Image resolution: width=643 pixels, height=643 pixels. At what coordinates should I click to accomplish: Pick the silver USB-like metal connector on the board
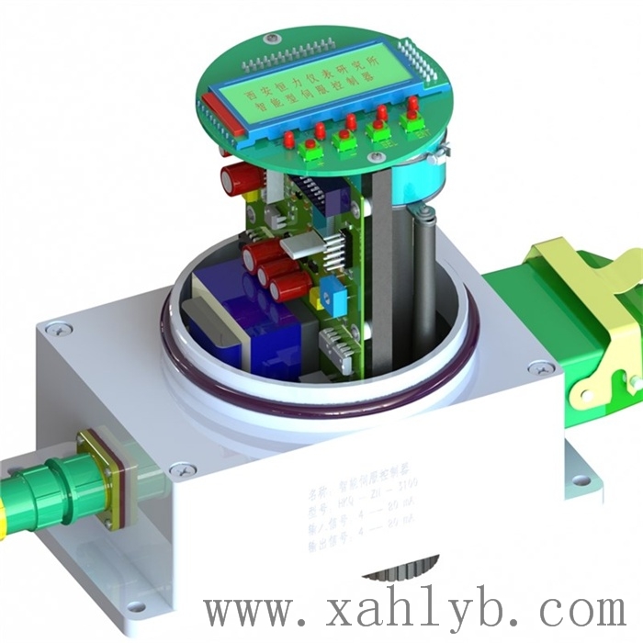click(x=300, y=245)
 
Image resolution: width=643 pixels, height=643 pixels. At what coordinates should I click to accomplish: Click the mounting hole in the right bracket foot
click(x=577, y=479)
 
